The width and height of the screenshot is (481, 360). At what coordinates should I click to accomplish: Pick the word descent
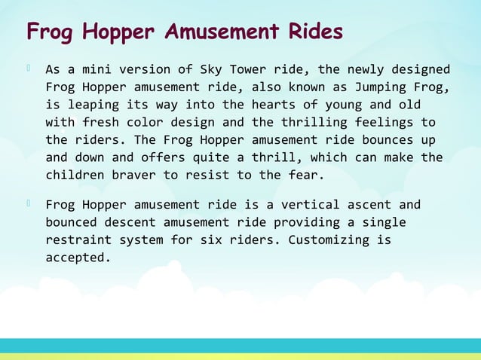coord(137,223)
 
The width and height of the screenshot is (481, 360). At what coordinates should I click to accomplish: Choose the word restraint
coord(78,240)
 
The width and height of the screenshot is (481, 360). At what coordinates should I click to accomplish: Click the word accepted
coord(78,258)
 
